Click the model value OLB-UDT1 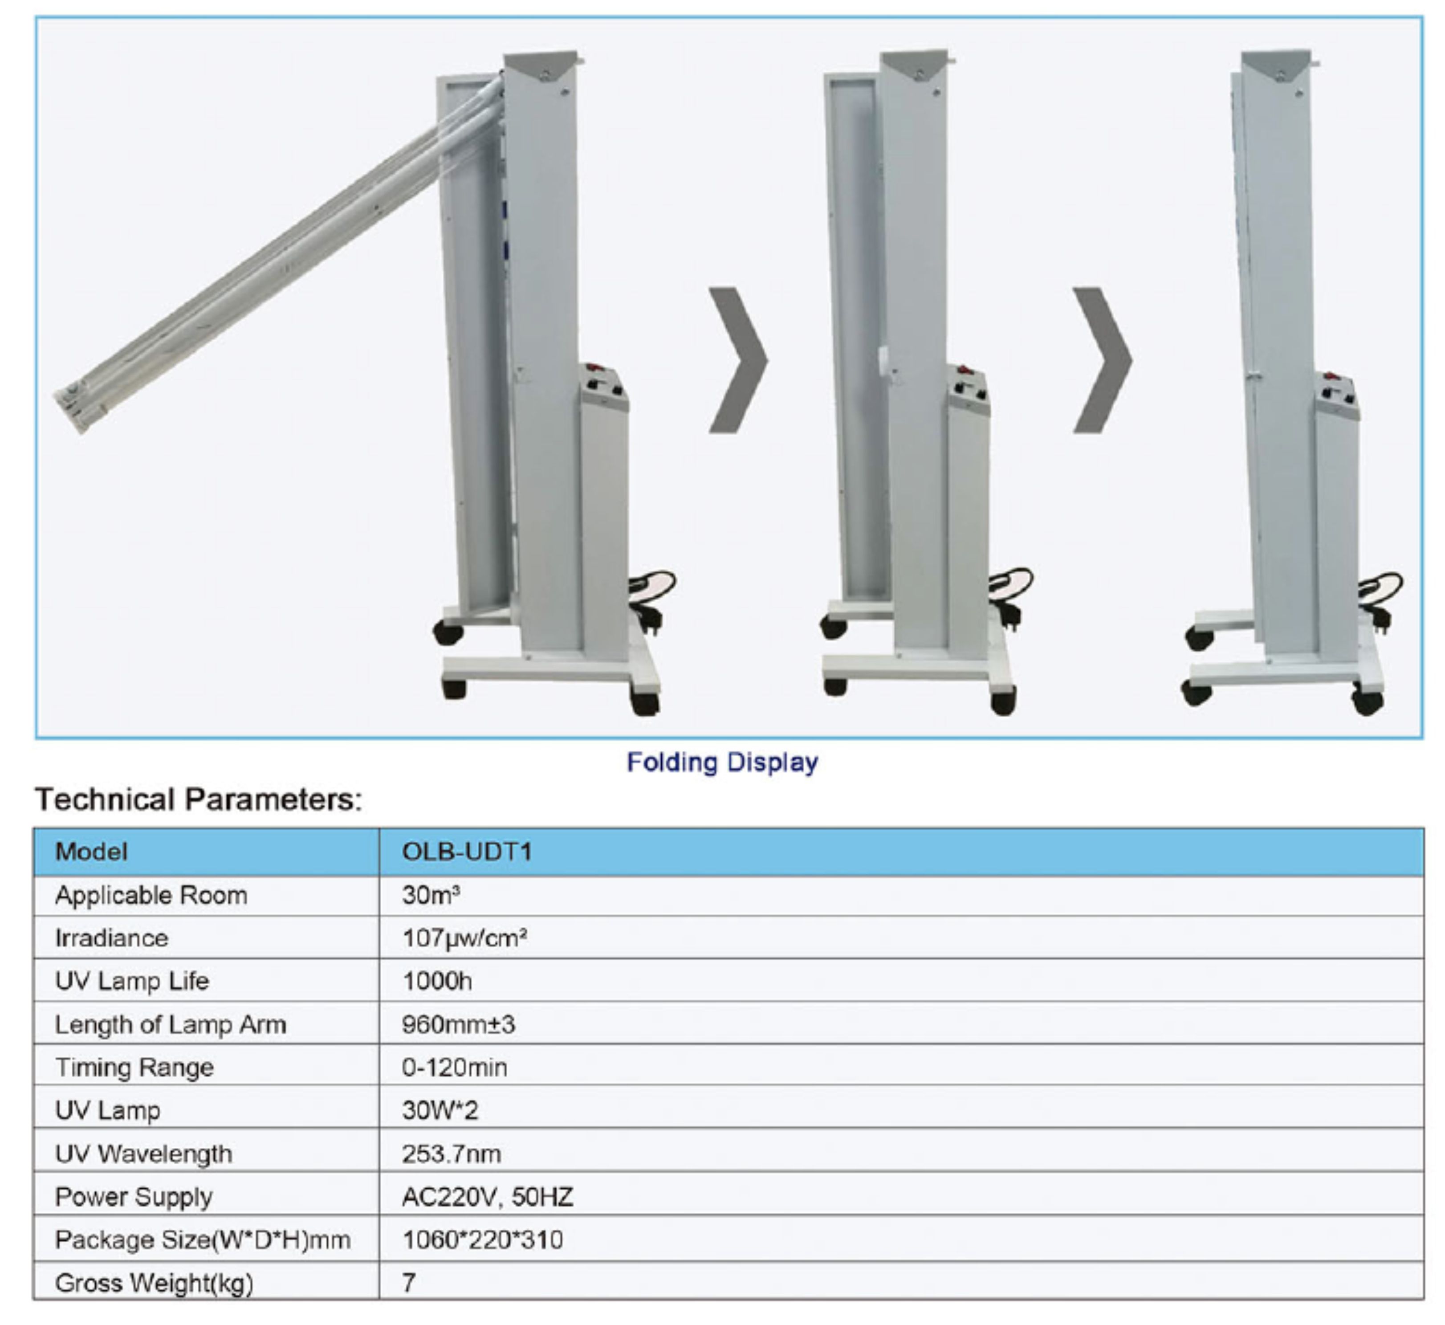[x=467, y=852]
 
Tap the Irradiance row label [x=112, y=938]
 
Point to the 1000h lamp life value [x=437, y=981]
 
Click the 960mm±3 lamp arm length [x=459, y=1024]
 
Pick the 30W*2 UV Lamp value [x=440, y=1111]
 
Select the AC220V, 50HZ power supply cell [x=488, y=1197]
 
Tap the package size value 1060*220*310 [x=482, y=1239]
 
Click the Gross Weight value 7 [x=408, y=1283]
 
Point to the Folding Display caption [x=722, y=762]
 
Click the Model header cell [x=92, y=852]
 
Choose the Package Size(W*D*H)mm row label [x=203, y=1239]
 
